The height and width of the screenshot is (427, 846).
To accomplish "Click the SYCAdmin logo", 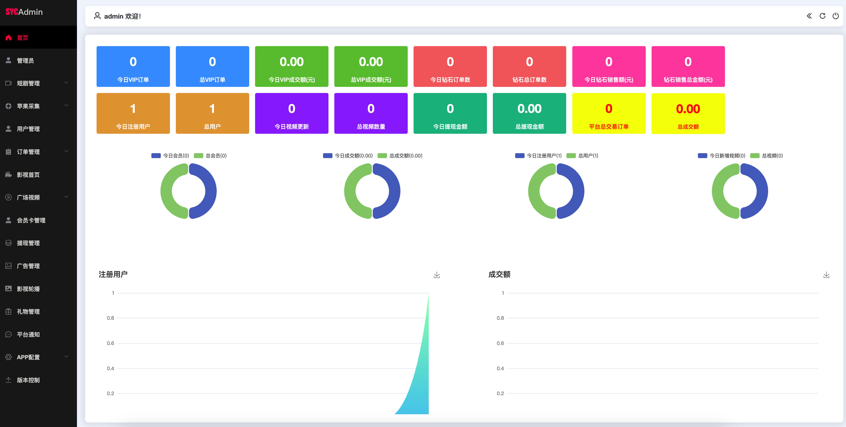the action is pyautogui.click(x=24, y=12).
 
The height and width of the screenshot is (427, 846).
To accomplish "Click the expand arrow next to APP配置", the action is pyautogui.click(x=66, y=357).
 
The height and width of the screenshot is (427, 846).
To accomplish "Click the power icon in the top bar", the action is pyautogui.click(x=836, y=16).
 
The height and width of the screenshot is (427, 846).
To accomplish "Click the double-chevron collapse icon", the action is pyautogui.click(x=809, y=16).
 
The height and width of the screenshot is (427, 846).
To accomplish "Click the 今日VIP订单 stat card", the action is pyautogui.click(x=133, y=66).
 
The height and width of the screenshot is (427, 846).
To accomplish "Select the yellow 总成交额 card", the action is pyautogui.click(x=688, y=113).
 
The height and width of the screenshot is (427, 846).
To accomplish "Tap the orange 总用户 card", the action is pyautogui.click(x=212, y=113).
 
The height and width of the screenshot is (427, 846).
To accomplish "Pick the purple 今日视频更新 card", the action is pyautogui.click(x=292, y=113).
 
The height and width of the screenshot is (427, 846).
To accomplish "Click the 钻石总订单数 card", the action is pyautogui.click(x=530, y=66).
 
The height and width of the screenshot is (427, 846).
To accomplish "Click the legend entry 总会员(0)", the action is pyautogui.click(x=210, y=156).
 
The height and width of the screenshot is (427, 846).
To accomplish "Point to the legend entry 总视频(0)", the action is pyautogui.click(x=766, y=156).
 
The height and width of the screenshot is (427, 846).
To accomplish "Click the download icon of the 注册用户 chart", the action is pyautogui.click(x=437, y=275).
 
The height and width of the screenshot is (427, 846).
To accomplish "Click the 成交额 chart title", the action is pyautogui.click(x=499, y=275).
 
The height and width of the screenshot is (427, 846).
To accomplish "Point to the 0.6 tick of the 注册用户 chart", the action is pyautogui.click(x=110, y=343).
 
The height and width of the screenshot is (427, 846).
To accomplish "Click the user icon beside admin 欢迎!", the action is pyautogui.click(x=97, y=16).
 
